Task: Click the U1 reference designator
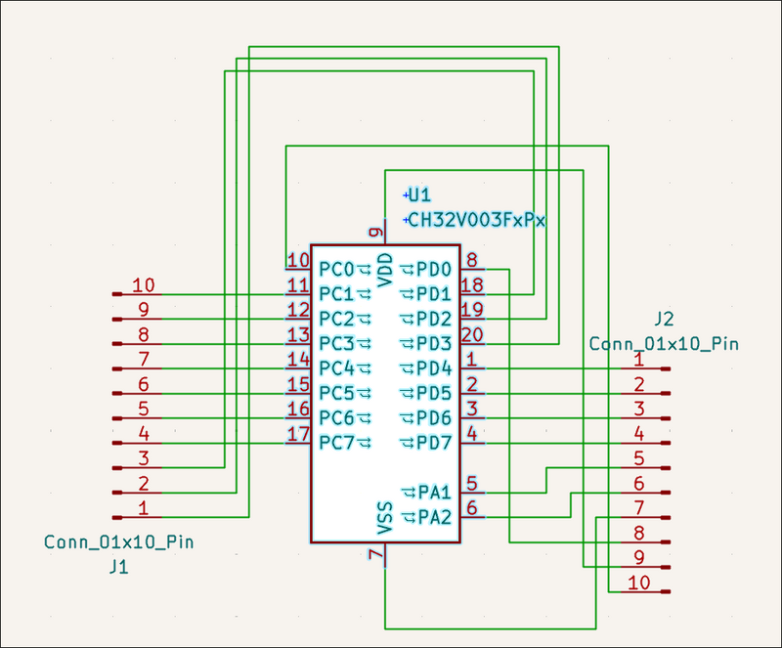coord(419,194)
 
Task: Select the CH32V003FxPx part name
coord(477,220)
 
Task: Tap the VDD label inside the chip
coord(385,270)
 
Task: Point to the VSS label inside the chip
coord(385,518)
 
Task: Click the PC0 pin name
coord(336,270)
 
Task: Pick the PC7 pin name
coord(336,443)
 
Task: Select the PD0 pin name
coord(434,270)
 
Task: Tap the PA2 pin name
coord(434,517)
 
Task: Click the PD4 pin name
coord(434,368)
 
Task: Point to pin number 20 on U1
coord(472,334)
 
